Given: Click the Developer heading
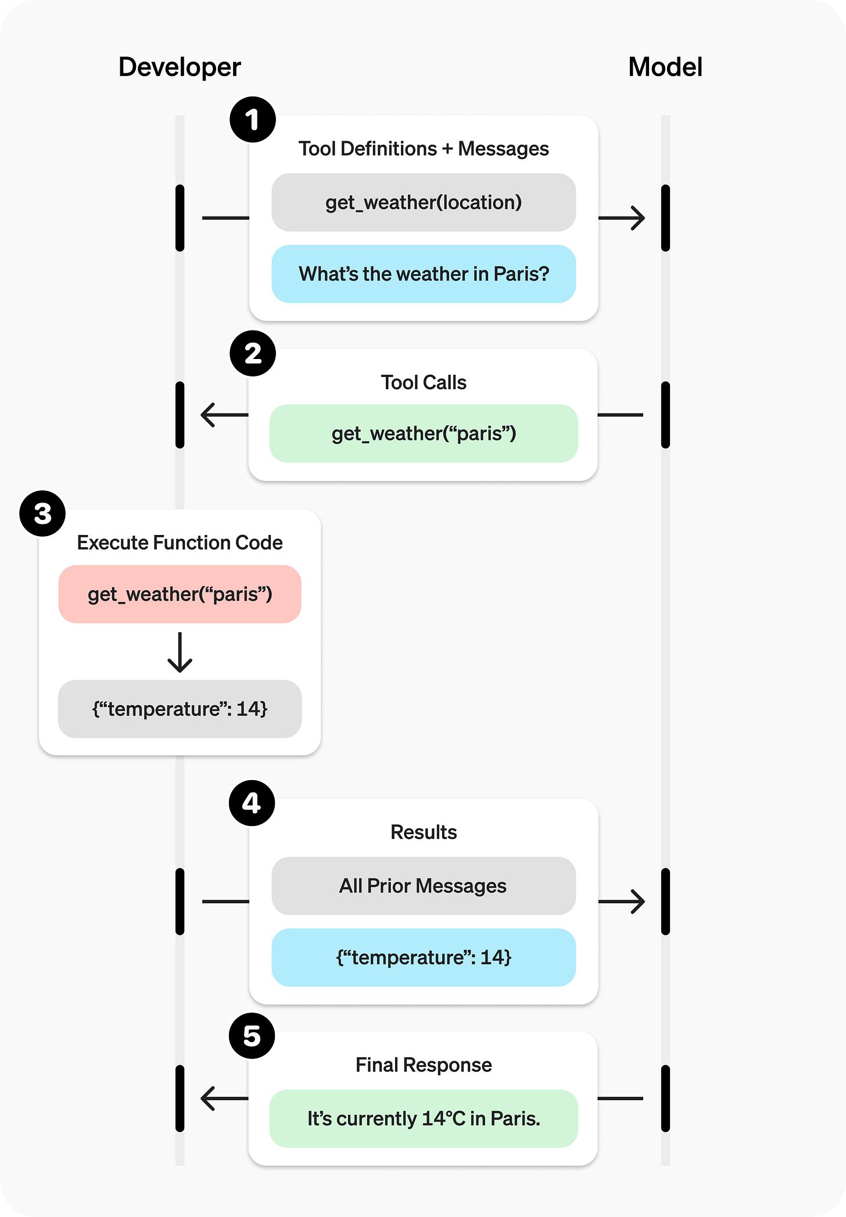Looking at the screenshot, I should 180,67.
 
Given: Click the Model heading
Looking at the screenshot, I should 665,67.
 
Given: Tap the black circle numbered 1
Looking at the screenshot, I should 252,120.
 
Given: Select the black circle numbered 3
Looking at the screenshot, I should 42,514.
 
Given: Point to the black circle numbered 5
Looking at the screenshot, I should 252,1036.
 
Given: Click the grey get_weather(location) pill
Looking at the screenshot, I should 424,202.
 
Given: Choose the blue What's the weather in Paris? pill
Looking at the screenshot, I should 424,274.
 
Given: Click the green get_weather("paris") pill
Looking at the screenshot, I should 424,433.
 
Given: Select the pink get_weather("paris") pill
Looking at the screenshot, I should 180,594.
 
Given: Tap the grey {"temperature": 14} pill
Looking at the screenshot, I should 180,709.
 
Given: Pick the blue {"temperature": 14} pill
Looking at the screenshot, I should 424,957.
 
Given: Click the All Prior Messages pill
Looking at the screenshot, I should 424,886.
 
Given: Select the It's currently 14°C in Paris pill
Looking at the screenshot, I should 424,1118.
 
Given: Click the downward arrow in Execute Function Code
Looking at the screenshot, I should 180,653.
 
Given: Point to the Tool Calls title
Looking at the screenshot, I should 424,382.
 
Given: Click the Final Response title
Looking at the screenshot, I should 424,1065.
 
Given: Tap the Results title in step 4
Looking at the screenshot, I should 424,832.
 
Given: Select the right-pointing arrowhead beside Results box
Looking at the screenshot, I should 638,902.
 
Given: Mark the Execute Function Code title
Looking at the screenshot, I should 180,543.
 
